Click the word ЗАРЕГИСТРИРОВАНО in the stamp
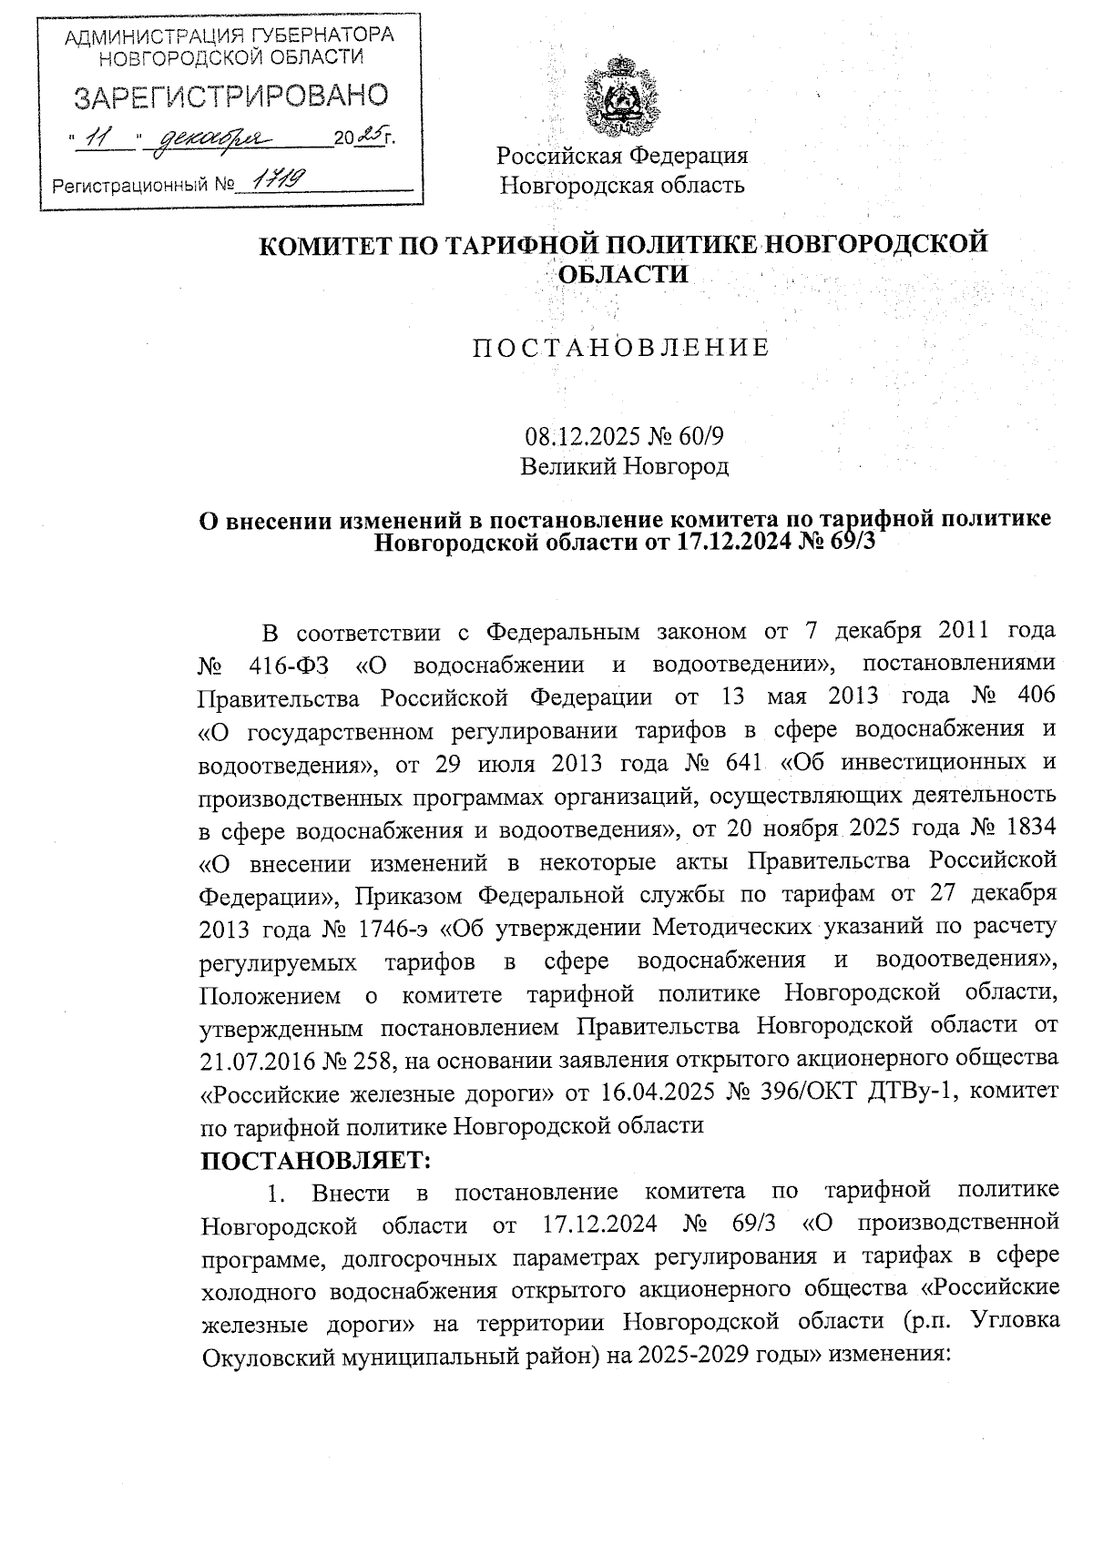(230, 97)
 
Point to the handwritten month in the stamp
(211, 138)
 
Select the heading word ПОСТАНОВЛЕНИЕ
(621, 348)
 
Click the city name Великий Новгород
(624, 467)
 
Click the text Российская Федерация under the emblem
(622, 156)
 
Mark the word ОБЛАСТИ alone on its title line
(622, 273)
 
